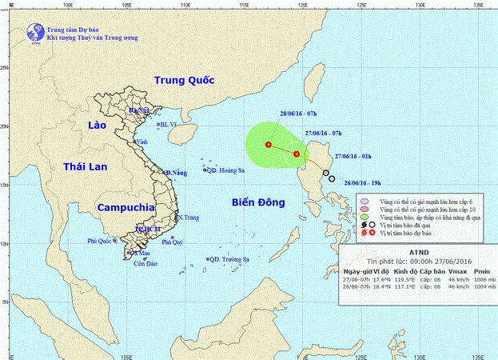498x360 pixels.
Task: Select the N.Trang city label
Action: (187, 218)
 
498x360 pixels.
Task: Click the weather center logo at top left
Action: (34, 33)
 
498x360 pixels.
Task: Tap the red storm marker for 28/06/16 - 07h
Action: (268, 145)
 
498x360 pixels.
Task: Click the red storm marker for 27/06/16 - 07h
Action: (297, 154)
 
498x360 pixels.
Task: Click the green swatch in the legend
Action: (365, 218)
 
